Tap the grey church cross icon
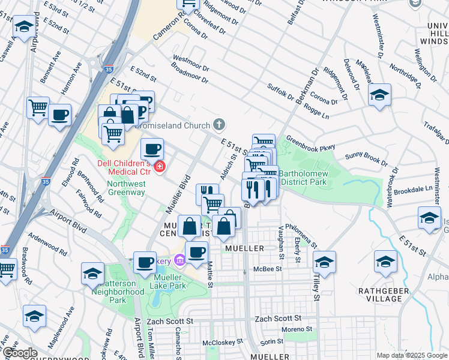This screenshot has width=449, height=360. [220, 125]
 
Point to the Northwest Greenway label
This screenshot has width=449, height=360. [126, 188]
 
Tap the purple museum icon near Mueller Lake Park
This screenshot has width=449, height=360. [179, 260]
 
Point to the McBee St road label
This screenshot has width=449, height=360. [267, 269]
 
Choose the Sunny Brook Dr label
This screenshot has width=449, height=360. [367, 160]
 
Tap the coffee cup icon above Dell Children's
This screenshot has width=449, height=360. [152, 148]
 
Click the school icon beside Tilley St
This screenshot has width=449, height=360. [324, 262]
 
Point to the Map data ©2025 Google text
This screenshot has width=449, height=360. [411, 355]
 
